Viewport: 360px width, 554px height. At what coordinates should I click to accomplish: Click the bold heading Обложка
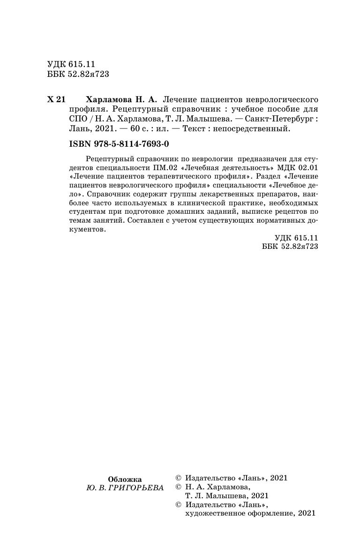tap(125, 479)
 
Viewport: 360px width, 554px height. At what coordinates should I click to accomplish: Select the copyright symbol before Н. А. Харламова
tap(178, 487)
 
